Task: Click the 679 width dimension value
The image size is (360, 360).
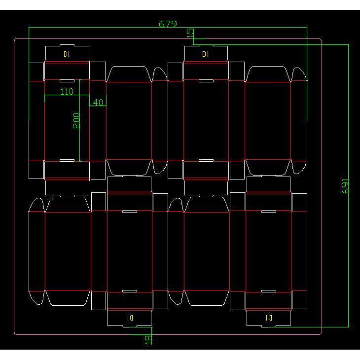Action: point(168,24)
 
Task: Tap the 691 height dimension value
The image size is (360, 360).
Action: point(345,186)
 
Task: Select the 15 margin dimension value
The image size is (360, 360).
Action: point(190,33)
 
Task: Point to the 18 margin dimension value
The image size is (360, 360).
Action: point(148,340)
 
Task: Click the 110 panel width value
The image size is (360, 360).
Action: point(67,92)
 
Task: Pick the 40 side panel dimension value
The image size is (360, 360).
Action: point(98,102)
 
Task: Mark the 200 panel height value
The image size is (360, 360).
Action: point(76,120)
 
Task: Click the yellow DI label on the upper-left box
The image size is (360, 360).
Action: point(67,54)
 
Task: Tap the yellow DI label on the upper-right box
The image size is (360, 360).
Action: point(206,54)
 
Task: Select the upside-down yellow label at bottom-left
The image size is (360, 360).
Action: point(130,318)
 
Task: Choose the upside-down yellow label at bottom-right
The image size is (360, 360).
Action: point(269,318)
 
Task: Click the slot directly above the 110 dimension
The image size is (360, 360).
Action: point(67,81)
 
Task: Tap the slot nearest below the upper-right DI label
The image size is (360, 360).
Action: point(206,81)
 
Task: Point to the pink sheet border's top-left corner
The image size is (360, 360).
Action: point(14,39)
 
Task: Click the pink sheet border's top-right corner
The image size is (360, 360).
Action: point(322,39)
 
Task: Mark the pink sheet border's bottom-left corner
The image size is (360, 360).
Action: point(14,334)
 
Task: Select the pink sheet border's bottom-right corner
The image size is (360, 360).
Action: point(322,334)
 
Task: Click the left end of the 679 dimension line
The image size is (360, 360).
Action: point(29,27)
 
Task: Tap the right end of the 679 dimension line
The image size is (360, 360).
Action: point(307,27)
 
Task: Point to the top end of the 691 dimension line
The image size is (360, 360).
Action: point(349,45)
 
